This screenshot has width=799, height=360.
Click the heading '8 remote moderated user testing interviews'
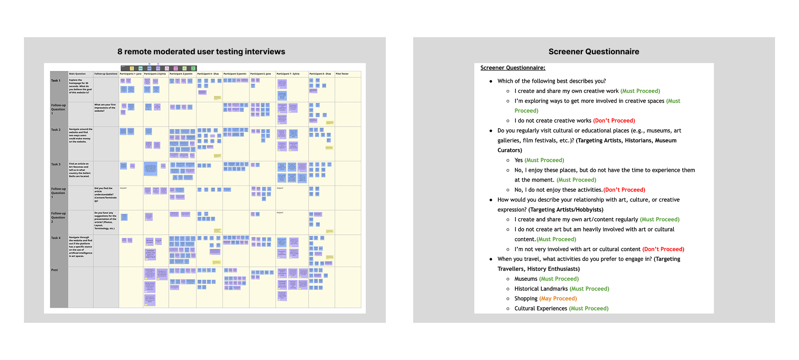click(x=201, y=52)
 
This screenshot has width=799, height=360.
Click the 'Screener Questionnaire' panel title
click(x=594, y=52)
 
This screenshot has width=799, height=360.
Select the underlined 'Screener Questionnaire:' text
click(x=512, y=68)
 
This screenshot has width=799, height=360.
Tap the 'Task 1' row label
click(x=56, y=81)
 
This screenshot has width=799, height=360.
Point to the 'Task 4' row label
click(x=56, y=238)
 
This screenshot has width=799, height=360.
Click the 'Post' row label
click(x=55, y=270)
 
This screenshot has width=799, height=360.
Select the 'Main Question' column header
click(x=77, y=74)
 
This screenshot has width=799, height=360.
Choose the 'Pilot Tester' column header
click(x=342, y=74)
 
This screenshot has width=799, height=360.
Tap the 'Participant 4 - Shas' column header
click(x=208, y=74)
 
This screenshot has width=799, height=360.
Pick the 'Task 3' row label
click(x=56, y=164)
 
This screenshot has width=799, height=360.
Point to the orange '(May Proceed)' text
click(x=558, y=299)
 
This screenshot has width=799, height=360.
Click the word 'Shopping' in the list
click(x=526, y=299)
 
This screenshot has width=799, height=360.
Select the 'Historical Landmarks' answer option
click(x=541, y=289)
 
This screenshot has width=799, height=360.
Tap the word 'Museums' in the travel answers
click(x=526, y=279)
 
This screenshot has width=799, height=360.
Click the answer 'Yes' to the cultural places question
click(x=518, y=160)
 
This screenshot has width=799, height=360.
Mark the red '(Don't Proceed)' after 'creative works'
click(x=614, y=121)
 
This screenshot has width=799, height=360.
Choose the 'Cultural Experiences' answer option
click(x=541, y=309)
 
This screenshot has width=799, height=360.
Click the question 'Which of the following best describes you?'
click(x=552, y=81)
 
